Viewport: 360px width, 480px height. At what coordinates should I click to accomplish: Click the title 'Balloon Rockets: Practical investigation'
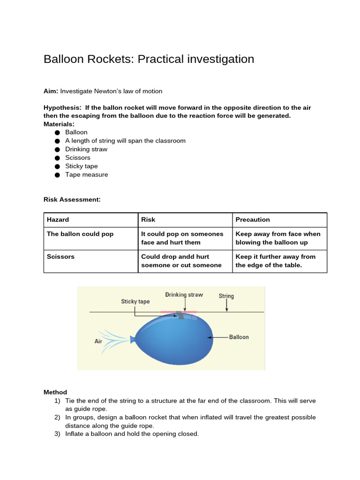tap(149, 59)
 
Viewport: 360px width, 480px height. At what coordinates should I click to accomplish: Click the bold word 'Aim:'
tap(51, 91)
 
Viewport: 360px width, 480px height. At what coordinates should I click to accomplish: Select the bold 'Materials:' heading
tap(59, 124)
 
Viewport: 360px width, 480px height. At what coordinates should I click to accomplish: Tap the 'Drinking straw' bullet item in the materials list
tap(86, 149)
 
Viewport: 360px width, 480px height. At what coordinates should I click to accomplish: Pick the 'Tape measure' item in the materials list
tap(86, 174)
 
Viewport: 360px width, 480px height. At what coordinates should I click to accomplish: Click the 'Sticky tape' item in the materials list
tap(82, 166)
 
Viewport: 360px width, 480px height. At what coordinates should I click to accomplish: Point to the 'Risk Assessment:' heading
tap(72, 199)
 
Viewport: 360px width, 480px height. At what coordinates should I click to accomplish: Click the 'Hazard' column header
tap(58, 219)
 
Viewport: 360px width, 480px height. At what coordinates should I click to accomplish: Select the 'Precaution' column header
tap(253, 219)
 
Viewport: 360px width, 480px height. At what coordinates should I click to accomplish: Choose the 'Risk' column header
tap(148, 219)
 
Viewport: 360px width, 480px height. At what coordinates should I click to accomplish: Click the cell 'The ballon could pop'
tap(80, 234)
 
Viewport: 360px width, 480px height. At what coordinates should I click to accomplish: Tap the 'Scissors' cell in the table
tap(60, 256)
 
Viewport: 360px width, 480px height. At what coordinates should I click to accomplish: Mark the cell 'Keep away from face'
tap(278, 238)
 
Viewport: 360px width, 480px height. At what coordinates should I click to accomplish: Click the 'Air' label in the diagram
tap(98, 341)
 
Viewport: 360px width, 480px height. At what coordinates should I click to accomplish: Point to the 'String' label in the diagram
tap(226, 296)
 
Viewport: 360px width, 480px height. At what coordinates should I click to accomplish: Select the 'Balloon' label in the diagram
tap(239, 337)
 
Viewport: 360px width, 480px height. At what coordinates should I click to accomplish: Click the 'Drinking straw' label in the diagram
tap(184, 294)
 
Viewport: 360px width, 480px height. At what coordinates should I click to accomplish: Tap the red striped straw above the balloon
tap(179, 312)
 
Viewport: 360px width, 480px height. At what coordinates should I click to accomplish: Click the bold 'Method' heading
tap(55, 392)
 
